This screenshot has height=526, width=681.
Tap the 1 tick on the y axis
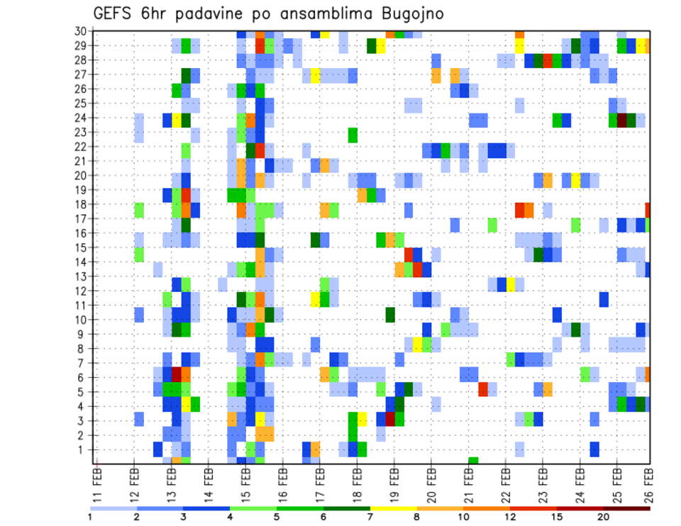(x=83, y=449)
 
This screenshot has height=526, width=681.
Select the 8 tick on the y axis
(x=83, y=349)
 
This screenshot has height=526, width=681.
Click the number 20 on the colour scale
(x=603, y=517)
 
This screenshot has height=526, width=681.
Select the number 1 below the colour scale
(x=90, y=517)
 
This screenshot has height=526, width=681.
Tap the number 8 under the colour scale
(x=416, y=517)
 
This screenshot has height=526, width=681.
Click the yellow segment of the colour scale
(x=393, y=508)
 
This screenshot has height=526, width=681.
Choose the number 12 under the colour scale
(x=510, y=517)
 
